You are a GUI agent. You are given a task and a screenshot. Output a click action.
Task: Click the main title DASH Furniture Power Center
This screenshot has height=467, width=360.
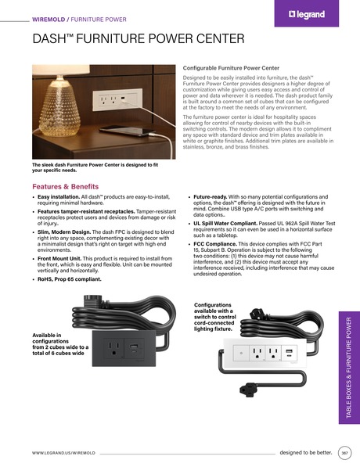(x=138, y=38)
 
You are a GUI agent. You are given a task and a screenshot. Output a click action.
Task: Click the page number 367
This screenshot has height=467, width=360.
(x=345, y=453)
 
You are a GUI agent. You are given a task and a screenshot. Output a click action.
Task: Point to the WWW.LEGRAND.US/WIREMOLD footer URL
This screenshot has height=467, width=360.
(x=64, y=453)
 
